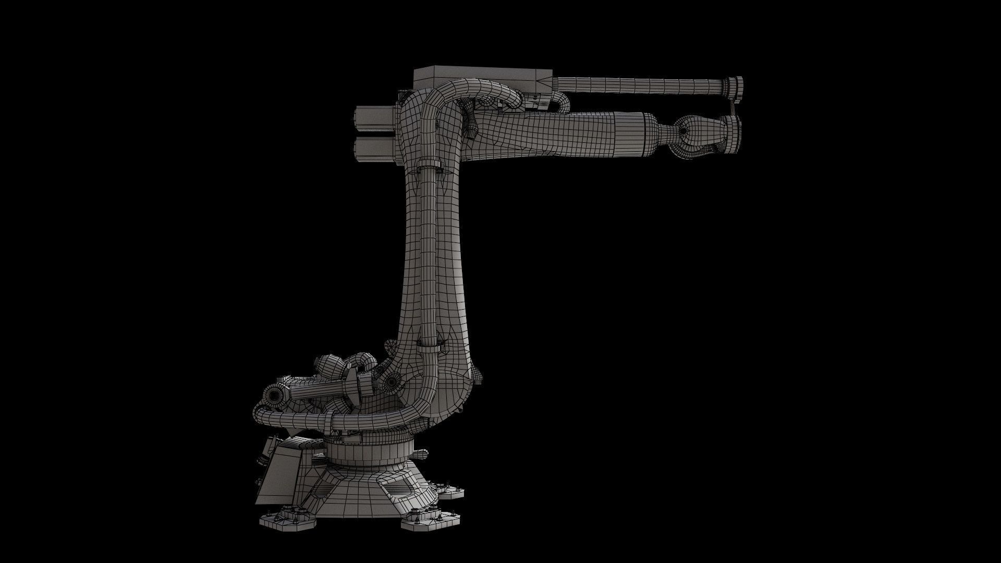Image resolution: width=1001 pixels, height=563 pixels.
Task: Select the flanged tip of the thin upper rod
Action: pyautogui.click(x=735, y=85)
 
